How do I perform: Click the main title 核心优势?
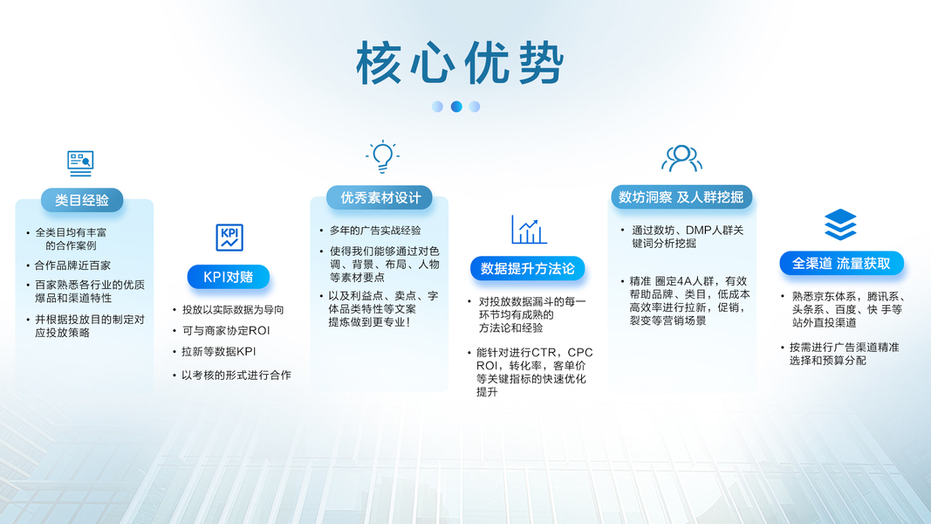(x=460, y=63)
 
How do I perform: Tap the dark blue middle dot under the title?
(x=456, y=107)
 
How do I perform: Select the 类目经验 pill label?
(x=82, y=200)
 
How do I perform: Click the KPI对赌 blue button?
(x=228, y=277)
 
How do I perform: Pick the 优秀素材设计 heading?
(x=380, y=198)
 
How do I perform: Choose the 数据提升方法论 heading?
(x=527, y=268)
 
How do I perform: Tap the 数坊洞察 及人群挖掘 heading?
(x=681, y=196)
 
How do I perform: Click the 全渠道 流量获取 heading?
(x=841, y=263)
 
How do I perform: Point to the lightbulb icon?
(x=382, y=156)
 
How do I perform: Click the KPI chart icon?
(x=229, y=238)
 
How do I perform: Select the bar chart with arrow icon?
(x=529, y=230)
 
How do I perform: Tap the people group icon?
(x=681, y=158)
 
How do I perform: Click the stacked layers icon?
(x=841, y=224)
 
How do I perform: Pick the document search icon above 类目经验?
(x=80, y=163)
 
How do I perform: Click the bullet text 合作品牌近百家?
(x=72, y=265)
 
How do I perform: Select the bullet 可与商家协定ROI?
(x=226, y=331)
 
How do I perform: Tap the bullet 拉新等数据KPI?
(x=218, y=352)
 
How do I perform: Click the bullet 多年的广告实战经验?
(x=375, y=231)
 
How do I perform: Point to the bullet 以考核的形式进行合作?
(x=236, y=375)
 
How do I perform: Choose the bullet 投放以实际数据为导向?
(x=233, y=309)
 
